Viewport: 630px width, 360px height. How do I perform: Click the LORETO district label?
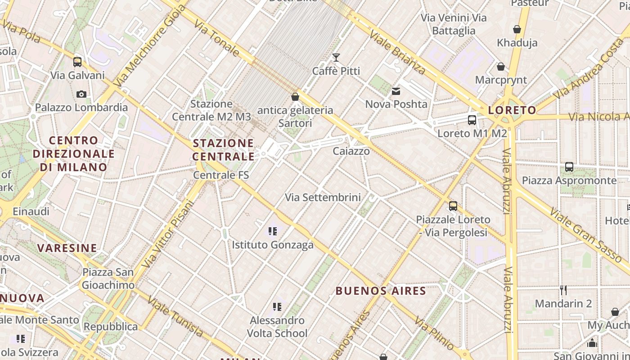[x=512, y=110]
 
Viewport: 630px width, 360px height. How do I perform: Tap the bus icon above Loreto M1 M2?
[x=472, y=120]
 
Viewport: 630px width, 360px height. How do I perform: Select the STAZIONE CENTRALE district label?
[x=224, y=150]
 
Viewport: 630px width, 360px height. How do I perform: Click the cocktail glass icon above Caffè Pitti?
[x=336, y=58]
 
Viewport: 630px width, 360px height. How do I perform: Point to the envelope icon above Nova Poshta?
[x=396, y=91]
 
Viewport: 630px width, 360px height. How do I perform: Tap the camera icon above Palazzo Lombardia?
[x=81, y=94]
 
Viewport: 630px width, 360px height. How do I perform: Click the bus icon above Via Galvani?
[x=77, y=62]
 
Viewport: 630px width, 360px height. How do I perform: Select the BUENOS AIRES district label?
[x=381, y=291]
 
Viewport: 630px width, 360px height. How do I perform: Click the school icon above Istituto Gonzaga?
[x=272, y=231]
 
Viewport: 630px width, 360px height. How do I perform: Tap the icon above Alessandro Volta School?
[x=277, y=307]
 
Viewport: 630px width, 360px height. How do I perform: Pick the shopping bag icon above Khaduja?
[x=517, y=29]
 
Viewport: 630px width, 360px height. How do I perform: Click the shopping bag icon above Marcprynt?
[x=501, y=67]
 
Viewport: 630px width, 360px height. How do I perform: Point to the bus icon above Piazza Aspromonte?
[x=569, y=167]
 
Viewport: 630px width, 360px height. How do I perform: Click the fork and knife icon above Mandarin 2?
[x=563, y=290]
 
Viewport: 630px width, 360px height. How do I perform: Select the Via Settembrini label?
[x=323, y=197]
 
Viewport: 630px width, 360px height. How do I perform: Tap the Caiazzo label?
[x=351, y=151]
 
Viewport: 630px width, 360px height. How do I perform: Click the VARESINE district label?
[x=67, y=248]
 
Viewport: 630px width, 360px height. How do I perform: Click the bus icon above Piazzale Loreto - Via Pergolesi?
[x=453, y=206]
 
